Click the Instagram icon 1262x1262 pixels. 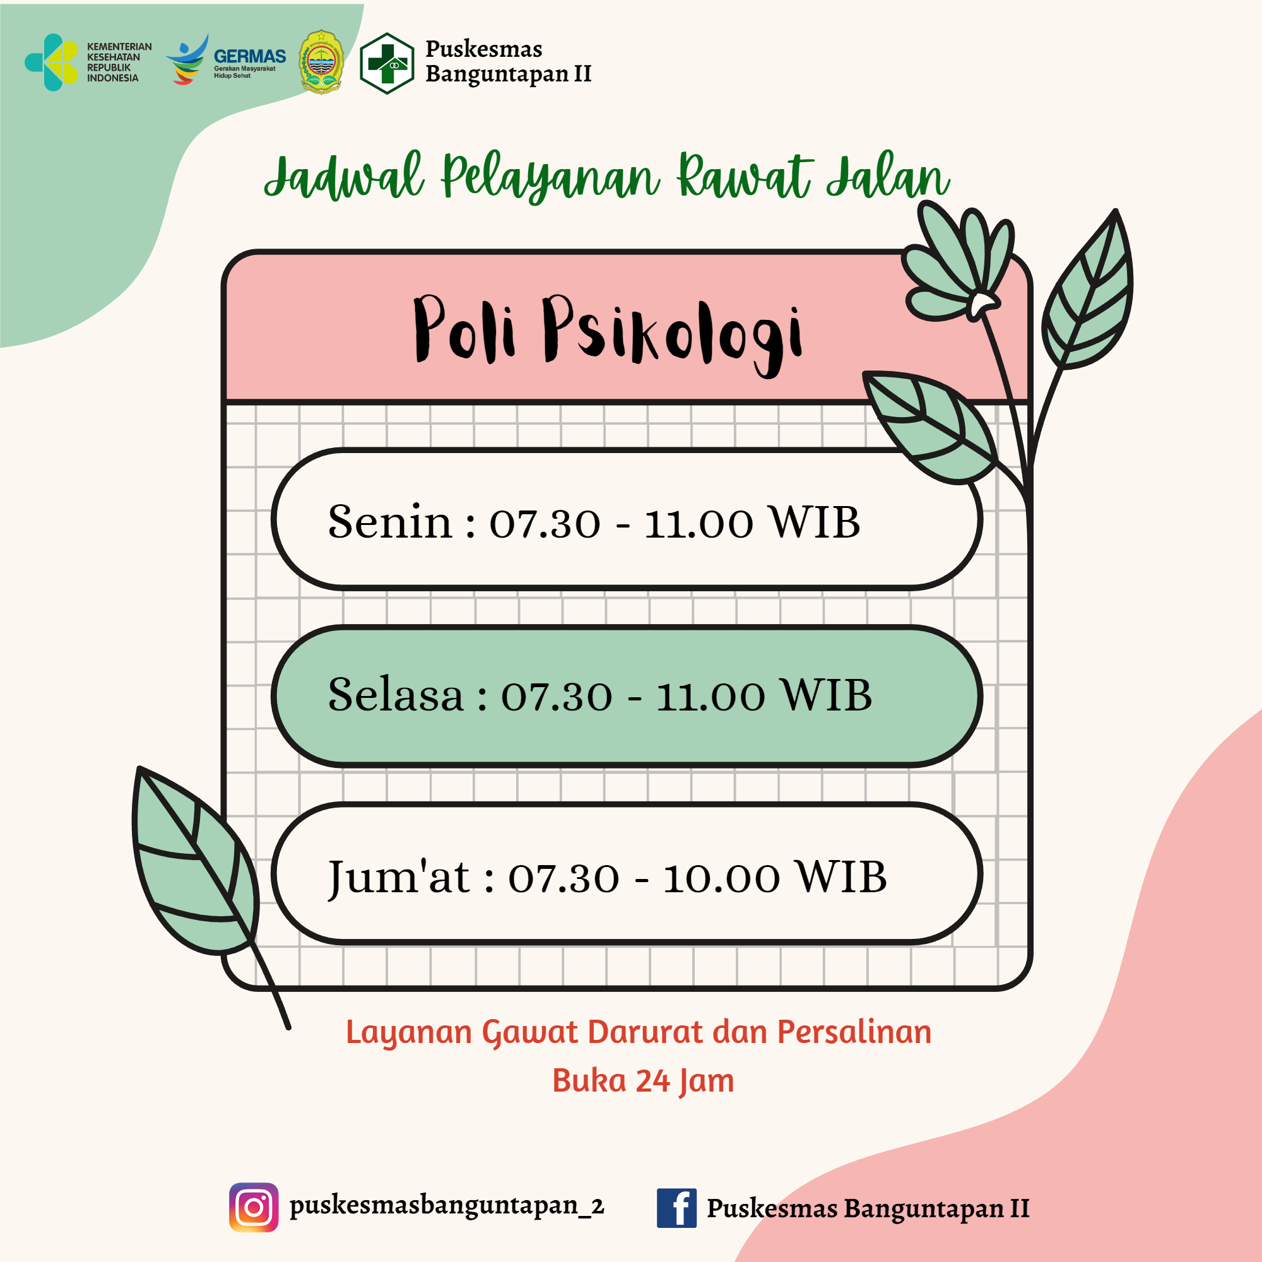pos(254,1207)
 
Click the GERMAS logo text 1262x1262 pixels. pos(249,56)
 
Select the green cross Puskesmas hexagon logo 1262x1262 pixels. pos(387,63)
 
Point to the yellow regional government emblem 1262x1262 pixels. pos(321,62)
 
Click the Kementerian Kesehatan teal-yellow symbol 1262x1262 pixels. pos(52,62)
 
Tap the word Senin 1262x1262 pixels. pos(390,522)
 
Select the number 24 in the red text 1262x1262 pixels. pos(652,1081)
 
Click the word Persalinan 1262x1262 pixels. pos(854,1033)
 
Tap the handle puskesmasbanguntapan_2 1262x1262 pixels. pos(447,1206)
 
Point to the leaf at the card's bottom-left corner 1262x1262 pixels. pos(196,862)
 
